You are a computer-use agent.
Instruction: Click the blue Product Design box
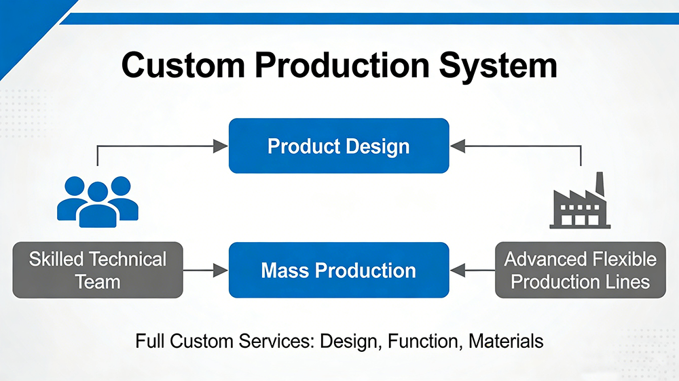[x=339, y=146]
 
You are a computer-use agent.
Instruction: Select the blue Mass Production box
[x=339, y=270]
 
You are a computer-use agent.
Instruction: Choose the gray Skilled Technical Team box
[x=98, y=270]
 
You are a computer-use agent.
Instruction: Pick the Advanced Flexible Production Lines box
[x=581, y=270]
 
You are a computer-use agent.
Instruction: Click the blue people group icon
[x=98, y=201]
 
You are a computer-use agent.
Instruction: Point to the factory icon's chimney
[x=600, y=183]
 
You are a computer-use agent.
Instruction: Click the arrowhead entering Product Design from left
[x=220, y=145]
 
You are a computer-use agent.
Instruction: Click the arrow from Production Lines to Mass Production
[x=473, y=270]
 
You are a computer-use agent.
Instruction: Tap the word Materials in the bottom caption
[x=507, y=340]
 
